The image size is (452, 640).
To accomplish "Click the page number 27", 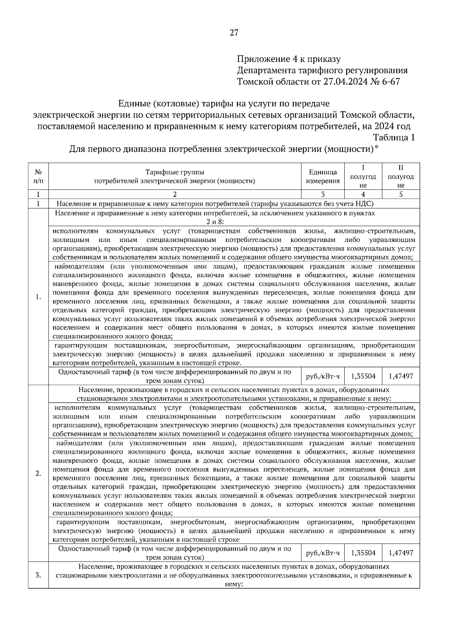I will [x=234, y=33].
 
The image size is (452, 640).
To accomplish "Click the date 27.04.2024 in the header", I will [x=347, y=81].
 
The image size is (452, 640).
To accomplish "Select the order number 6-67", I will [x=390, y=81].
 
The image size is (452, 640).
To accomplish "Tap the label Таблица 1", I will [x=394, y=138].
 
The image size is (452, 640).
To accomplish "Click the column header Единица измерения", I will [x=323, y=176].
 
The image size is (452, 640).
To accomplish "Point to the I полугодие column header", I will [x=363, y=176].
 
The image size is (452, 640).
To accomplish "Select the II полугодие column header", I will [x=401, y=176].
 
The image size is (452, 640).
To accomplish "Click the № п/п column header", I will [x=38, y=176].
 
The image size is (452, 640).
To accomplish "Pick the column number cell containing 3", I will [x=323, y=194].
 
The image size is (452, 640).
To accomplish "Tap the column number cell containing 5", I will [x=401, y=194].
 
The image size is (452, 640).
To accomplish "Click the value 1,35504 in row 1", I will [x=363, y=376].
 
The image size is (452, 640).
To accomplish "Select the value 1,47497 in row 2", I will [x=401, y=553].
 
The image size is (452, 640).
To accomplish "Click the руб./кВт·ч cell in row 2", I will [x=323, y=553].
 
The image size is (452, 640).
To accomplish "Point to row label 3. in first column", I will [x=38, y=575].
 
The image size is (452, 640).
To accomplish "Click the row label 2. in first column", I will [x=38, y=474].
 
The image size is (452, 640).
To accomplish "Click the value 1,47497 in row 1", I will [x=401, y=376].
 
